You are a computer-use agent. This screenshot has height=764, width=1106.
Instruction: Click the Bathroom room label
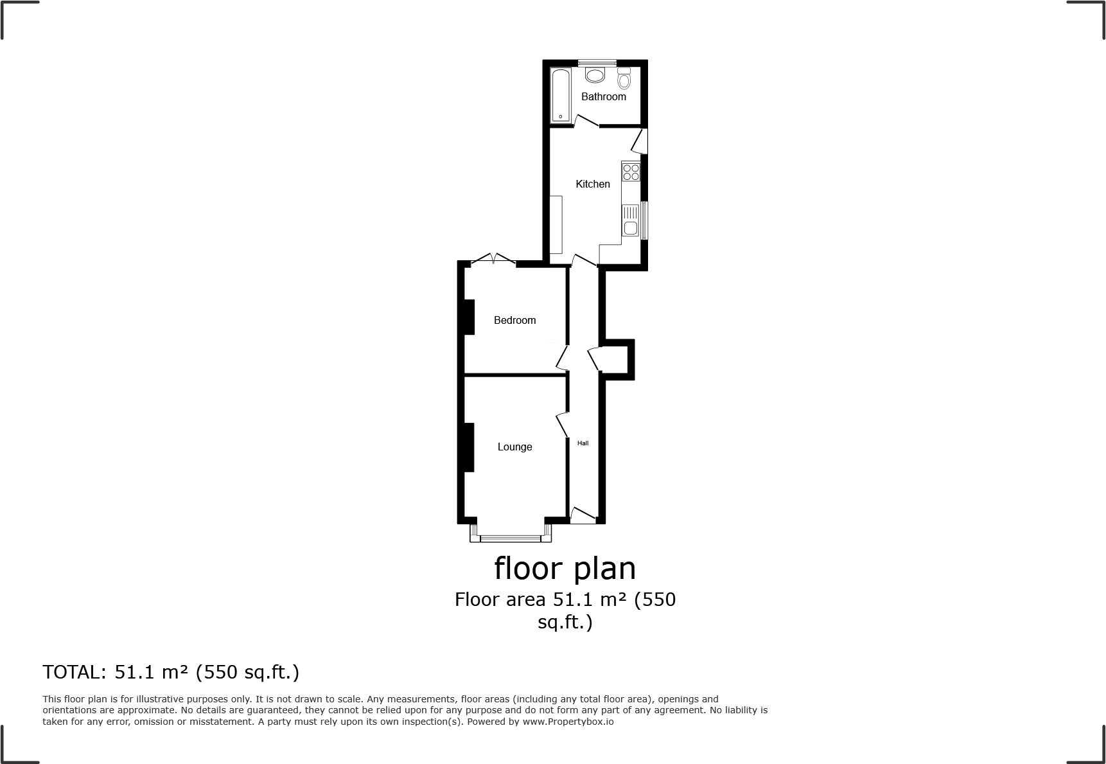(x=603, y=96)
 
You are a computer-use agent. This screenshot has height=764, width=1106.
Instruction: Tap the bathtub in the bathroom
(x=561, y=94)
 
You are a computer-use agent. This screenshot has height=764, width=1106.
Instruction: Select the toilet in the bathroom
(x=624, y=80)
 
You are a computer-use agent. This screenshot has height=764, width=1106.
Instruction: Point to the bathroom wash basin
(x=595, y=75)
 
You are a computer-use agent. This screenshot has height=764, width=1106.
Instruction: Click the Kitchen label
(x=592, y=184)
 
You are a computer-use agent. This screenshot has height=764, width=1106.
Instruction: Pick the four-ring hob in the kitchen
(x=631, y=172)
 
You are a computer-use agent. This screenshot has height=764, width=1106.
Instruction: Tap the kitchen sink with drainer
(x=631, y=220)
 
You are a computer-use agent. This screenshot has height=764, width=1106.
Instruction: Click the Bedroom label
(x=514, y=320)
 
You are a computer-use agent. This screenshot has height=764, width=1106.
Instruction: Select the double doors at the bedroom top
(x=493, y=260)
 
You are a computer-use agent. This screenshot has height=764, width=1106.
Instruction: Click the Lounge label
(x=514, y=447)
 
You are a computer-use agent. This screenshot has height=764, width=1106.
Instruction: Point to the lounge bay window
(x=511, y=537)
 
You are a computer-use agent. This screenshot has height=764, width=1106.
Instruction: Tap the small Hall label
(x=583, y=443)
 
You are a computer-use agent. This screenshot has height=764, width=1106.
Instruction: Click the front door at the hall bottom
(x=583, y=515)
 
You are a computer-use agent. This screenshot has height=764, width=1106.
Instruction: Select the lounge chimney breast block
(x=469, y=447)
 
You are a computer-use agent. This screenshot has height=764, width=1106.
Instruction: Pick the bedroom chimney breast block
(x=469, y=317)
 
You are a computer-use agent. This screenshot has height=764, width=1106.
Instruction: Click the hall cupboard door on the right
(x=594, y=359)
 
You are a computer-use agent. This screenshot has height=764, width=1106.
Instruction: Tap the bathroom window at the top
(x=597, y=62)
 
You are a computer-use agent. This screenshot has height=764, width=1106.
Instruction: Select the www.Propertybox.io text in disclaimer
(x=568, y=722)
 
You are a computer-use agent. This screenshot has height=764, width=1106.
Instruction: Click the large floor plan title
(x=565, y=568)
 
